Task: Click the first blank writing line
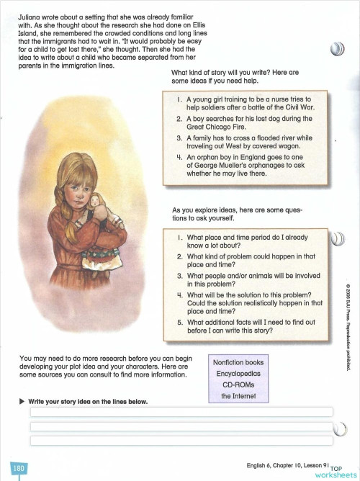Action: click(180, 412)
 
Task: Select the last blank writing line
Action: click(180, 439)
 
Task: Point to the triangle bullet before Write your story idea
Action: click(22, 401)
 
